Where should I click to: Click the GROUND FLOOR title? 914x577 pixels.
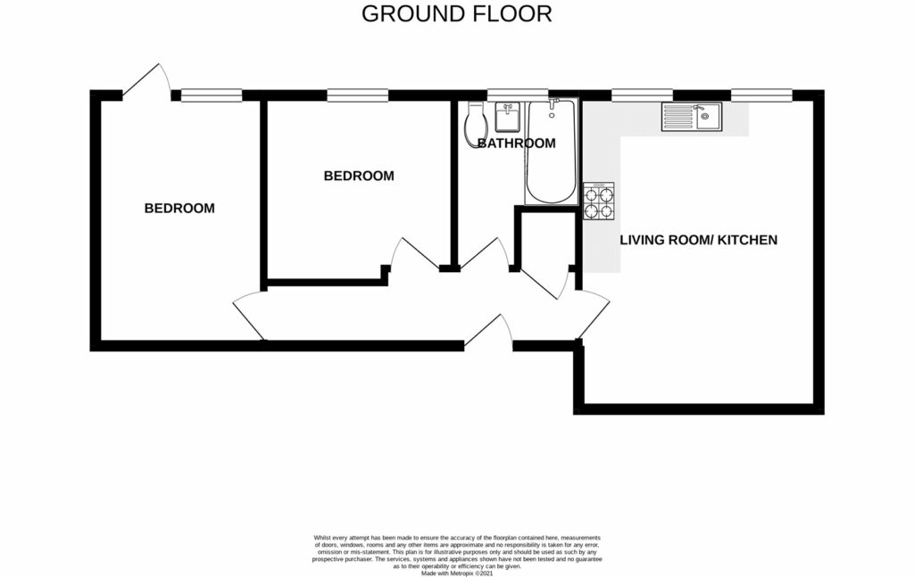[456, 14]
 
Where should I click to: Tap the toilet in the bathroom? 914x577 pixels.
[475, 124]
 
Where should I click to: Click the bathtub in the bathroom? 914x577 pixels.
[551, 152]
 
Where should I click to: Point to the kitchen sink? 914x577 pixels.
[693, 117]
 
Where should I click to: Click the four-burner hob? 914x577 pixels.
[598, 202]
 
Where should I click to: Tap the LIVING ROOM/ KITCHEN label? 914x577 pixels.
[699, 240]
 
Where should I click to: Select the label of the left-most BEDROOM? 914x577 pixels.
[179, 209]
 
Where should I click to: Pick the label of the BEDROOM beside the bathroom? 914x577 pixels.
[358, 177]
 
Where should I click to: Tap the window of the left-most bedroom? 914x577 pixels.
[212, 95]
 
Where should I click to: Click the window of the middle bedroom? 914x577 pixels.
[357, 95]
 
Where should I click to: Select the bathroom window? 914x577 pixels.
[517, 95]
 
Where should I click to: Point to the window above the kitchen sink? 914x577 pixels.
[761, 95]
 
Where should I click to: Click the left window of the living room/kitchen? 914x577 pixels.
[642, 95]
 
